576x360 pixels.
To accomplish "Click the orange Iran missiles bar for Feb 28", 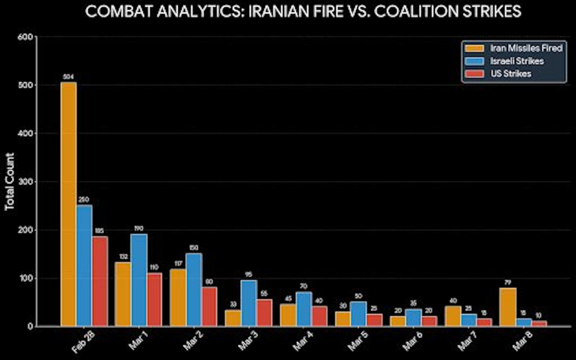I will [x=68, y=204].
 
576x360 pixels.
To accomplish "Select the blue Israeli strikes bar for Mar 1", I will [x=139, y=280].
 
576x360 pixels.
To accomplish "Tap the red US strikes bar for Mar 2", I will [x=209, y=306].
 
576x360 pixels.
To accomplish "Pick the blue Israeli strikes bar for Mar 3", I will [x=249, y=303].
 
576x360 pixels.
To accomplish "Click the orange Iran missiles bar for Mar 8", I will [x=508, y=307].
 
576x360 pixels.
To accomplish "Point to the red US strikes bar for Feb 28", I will [x=100, y=281].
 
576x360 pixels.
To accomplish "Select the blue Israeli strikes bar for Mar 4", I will [x=304, y=309].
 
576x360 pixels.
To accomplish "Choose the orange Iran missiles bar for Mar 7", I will [x=453, y=316].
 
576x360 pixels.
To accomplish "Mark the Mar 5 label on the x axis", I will [x=357, y=341].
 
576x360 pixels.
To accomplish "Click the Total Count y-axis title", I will [x=9, y=181].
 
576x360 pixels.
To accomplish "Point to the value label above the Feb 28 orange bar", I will [x=68, y=77].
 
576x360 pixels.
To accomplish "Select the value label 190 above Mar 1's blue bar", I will [x=139, y=228].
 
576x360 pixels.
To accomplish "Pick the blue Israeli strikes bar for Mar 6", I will [x=414, y=318].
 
